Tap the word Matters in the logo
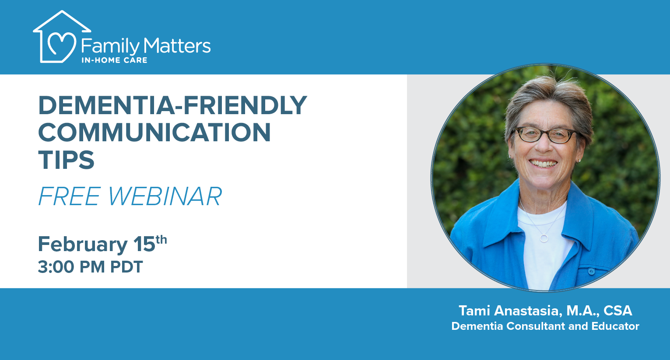click(177, 45)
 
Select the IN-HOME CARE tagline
click(114, 60)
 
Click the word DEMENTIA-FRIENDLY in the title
click(172, 105)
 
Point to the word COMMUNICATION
click(154, 132)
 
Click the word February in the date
click(82, 244)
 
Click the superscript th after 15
click(161, 239)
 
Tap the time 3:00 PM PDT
click(90, 267)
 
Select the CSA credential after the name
click(617, 311)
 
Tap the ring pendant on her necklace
click(544, 238)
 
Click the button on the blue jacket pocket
click(591, 271)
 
